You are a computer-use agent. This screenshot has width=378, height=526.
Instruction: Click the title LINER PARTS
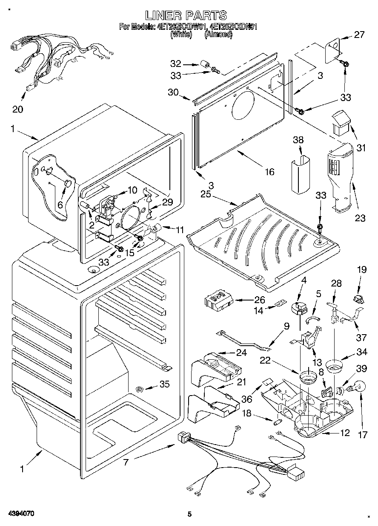[186, 15]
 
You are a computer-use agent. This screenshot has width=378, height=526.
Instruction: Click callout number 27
[359, 35]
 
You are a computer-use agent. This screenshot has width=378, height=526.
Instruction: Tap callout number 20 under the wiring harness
[17, 109]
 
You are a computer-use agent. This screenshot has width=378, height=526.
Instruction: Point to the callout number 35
[164, 384]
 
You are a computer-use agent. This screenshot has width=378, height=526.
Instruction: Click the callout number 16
[269, 171]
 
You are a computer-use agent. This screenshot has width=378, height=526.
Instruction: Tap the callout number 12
[345, 433]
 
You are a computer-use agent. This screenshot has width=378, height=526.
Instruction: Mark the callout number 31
[361, 148]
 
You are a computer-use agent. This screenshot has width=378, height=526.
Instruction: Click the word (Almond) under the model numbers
[218, 35]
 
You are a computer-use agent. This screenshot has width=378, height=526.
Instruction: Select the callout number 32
[176, 64]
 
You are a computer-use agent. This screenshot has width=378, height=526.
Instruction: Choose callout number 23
[360, 218]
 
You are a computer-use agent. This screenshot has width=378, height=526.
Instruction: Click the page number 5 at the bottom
[190, 514]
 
